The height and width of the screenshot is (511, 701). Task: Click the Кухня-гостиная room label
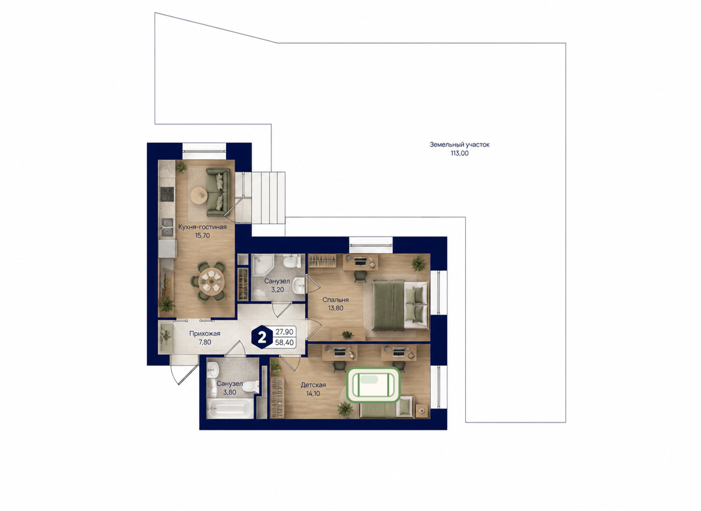pyautogui.click(x=202, y=227)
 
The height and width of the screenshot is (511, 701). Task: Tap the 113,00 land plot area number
pyautogui.click(x=459, y=153)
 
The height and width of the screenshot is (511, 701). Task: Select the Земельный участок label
pyautogui.click(x=459, y=145)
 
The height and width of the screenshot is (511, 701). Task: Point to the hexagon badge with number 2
pyautogui.click(x=262, y=337)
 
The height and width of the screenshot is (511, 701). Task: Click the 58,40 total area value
pyautogui.click(x=285, y=342)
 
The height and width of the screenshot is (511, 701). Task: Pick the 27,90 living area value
pyautogui.click(x=285, y=332)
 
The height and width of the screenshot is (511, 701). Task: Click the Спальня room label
pyautogui.click(x=336, y=300)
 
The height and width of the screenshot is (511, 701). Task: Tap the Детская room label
pyautogui.click(x=313, y=384)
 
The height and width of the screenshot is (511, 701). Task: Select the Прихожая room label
pyautogui.click(x=205, y=333)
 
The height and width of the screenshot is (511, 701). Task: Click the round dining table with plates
pyautogui.click(x=212, y=281)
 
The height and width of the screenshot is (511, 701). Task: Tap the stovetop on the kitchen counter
pyautogui.click(x=167, y=194)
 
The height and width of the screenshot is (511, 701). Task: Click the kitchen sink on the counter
pyautogui.click(x=167, y=227)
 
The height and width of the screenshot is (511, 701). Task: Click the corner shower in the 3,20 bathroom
pyautogui.click(x=262, y=266)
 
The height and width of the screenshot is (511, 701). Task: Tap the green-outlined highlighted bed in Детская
pyautogui.click(x=373, y=384)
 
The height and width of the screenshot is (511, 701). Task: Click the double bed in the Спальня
pyautogui.click(x=400, y=305)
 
